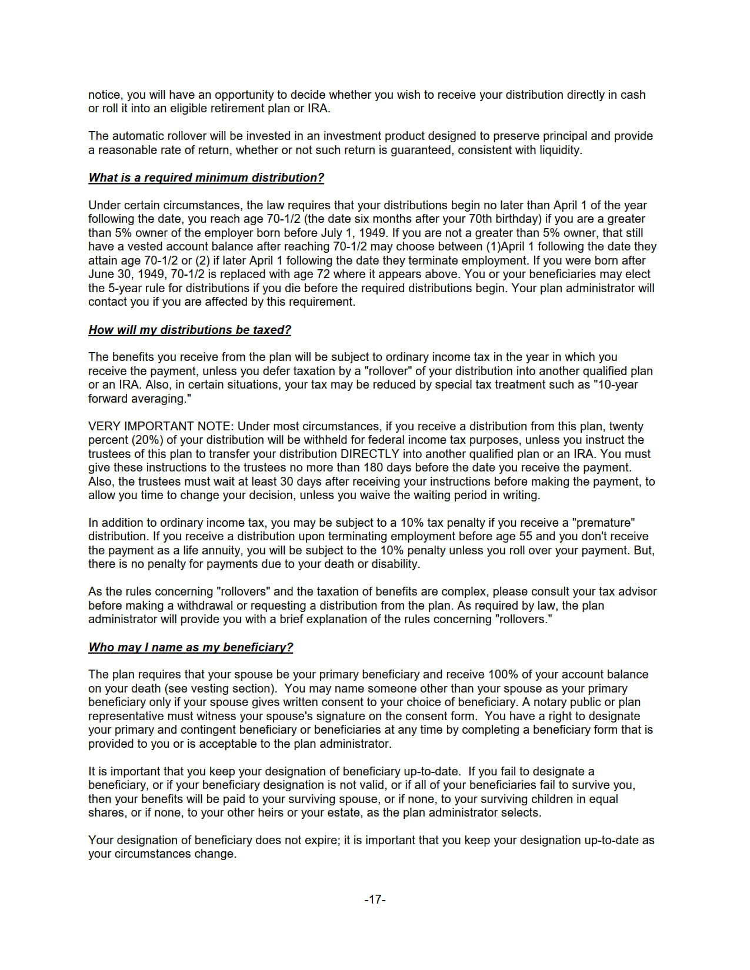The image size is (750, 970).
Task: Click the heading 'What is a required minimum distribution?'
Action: click(x=206, y=178)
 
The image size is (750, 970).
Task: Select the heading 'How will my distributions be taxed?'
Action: click(x=189, y=330)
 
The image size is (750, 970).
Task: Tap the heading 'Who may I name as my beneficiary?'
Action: click(x=191, y=647)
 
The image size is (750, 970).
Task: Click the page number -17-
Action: click(x=375, y=899)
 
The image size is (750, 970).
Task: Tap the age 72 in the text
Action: click(x=323, y=274)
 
